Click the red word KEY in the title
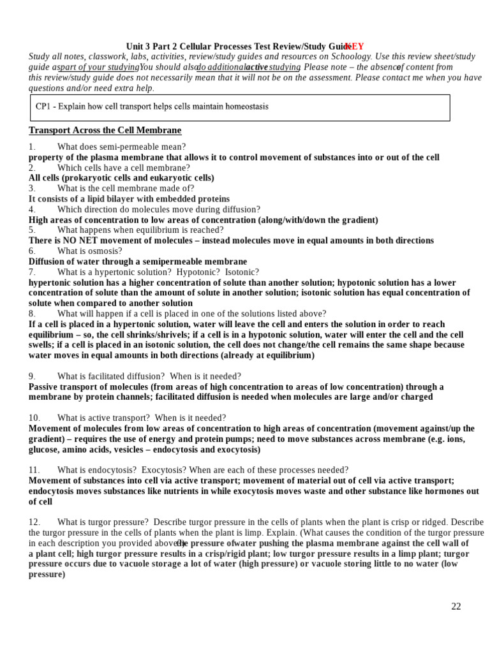point(355,47)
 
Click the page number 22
point(456,606)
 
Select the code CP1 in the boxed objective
point(43,106)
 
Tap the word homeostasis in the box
point(245,106)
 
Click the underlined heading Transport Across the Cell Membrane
point(105,131)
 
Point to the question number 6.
point(32,251)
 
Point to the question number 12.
point(34,522)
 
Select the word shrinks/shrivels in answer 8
point(148,335)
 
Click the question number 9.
point(32,376)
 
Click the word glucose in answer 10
point(43,450)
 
